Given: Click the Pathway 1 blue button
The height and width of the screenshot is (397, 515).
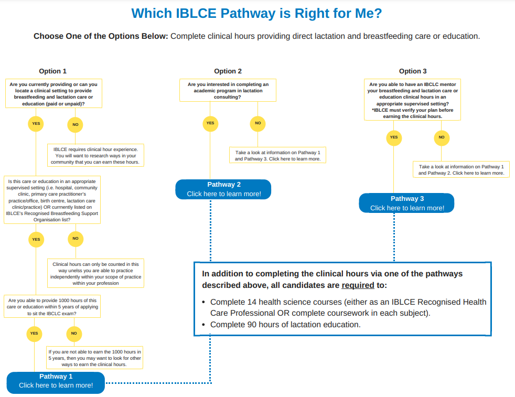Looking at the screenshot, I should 56,381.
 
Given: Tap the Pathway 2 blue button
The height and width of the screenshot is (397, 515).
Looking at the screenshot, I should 223,189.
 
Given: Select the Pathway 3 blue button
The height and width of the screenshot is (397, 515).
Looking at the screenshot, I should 407,203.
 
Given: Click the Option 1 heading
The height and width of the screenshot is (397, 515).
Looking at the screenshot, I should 53,71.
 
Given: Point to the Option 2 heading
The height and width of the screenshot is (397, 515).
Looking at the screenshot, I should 228,71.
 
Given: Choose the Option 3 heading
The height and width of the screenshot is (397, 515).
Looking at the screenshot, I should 413,71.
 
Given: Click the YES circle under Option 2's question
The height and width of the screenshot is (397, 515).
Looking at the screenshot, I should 210,123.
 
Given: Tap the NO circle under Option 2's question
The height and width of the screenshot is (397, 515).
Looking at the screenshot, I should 257,123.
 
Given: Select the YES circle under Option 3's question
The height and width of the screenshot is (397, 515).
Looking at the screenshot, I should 394,137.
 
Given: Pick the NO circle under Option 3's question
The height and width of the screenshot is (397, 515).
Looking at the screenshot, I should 441,137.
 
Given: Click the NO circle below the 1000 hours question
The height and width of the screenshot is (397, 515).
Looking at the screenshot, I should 74,333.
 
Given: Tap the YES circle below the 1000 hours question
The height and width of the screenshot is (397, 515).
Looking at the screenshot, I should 34,333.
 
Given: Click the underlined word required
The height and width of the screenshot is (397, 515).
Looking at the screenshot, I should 358,285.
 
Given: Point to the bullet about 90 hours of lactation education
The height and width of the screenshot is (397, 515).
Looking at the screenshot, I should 285,325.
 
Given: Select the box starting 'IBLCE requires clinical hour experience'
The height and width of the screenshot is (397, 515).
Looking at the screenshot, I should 96,156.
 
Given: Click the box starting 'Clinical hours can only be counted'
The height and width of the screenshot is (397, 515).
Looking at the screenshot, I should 96,273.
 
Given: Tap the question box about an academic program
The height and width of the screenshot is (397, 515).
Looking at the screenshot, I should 228,90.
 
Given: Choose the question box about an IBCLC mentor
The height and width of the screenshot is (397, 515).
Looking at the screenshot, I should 413,100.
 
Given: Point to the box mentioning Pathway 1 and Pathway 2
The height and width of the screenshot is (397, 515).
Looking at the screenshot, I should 461,169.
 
